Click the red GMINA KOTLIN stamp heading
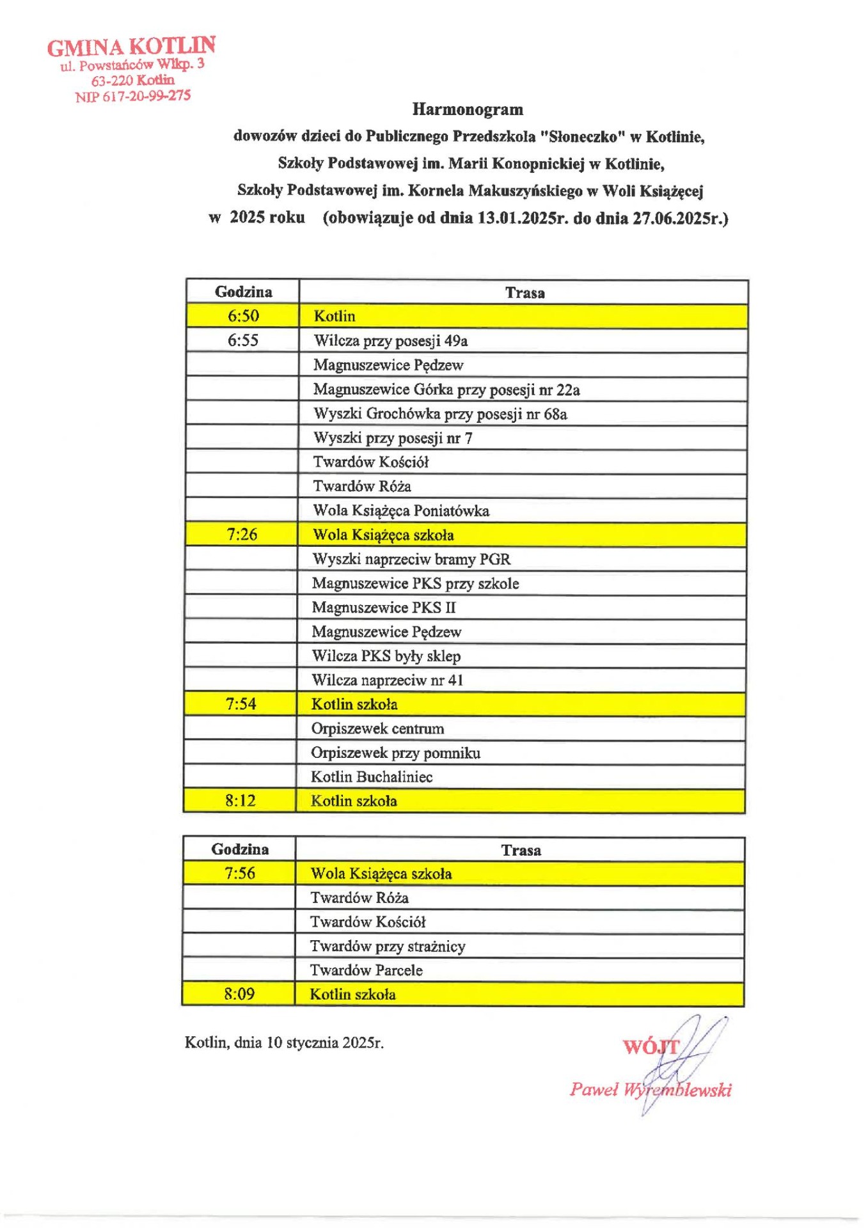click(131, 46)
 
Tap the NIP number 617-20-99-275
click(133, 96)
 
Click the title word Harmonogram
click(468, 109)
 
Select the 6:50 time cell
click(243, 316)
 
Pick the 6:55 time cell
click(243, 340)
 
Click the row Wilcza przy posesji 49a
click(390, 341)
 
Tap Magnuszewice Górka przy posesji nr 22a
click(446, 390)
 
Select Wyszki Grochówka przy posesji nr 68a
click(440, 414)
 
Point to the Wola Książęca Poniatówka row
click(401, 510)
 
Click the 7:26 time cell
click(242, 534)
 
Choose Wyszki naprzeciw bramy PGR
click(411, 559)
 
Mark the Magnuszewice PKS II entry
click(384, 608)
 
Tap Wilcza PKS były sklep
click(386, 656)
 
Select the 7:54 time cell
click(241, 704)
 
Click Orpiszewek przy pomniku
click(395, 753)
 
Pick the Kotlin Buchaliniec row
click(372, 777)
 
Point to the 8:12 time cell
click(240, 801)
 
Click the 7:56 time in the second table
click(239, 874)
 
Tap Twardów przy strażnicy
click(388, 946)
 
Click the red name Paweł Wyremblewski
click(650, 1090)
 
